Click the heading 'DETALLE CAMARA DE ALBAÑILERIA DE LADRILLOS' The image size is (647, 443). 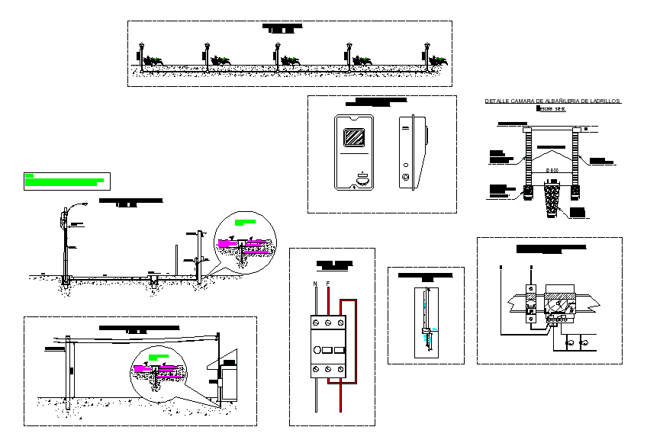[x=554, y=101]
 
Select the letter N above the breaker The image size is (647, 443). [x=315, y=284]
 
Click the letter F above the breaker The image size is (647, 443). [x=328, y=284]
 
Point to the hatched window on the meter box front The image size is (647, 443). [x=353, y=138]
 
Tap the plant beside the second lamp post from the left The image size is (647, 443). [x=221, y=61]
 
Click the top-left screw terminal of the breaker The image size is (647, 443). [x=315, y=322]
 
